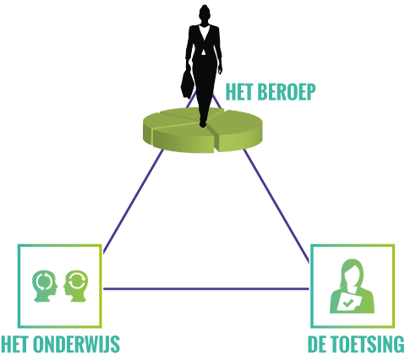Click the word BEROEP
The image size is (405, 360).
tap(286, 91)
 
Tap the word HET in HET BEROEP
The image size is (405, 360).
tap(240, 91)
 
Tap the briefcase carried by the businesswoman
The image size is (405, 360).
tap(188, 84)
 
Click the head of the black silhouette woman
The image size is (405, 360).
tap(205, 13)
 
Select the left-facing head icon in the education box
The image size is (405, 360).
tap(75, 286)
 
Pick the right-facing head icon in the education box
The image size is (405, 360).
tap(45, 286)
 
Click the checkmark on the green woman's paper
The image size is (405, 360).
tap(348, 303)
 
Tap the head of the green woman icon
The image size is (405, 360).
tap(353, 272)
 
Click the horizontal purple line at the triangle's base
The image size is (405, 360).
tap(206, 289)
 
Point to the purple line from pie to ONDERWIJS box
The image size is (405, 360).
tap(133, 201)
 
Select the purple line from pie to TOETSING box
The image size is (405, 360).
tap(276, 205)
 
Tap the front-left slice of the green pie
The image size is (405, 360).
tap(183, 138)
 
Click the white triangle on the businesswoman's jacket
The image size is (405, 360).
tap(203, 52)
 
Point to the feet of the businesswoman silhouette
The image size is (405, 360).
tap(203, 123)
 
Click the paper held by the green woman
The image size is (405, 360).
tap(348, 302)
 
